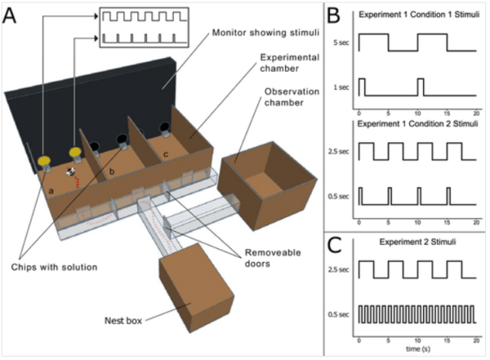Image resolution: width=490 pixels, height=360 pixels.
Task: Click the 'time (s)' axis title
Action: coord(416,349)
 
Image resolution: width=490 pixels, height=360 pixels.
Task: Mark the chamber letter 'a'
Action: coord(51,189)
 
